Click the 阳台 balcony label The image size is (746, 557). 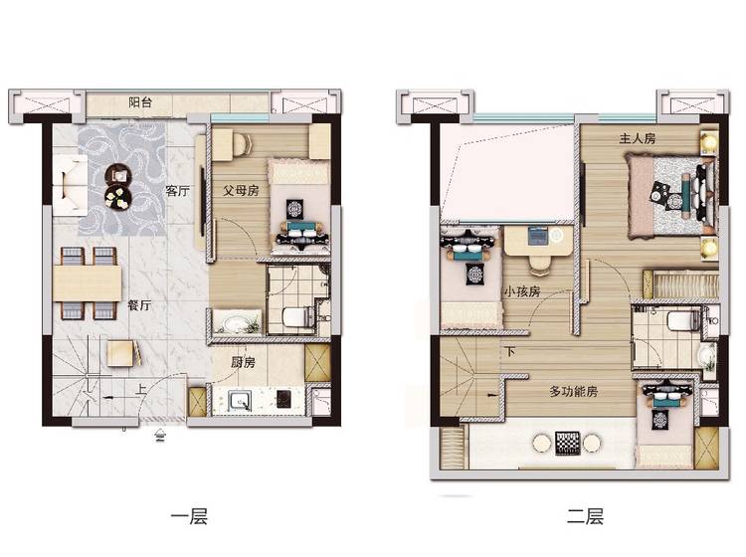click(x=140, y=102)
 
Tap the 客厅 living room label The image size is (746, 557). click(x=177, y=191)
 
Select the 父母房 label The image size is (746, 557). click(x=242, y=191)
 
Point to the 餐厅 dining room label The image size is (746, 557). click(x=139, y=305)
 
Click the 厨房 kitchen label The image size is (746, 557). click(x=243, y=362)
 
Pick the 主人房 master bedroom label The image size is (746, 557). click(x=638, y=138)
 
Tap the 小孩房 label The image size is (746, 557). click(x=522, y=291)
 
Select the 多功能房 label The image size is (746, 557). click(x=574, y=392)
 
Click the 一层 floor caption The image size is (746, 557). click(x=189, y=516)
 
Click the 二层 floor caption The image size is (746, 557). click(x=585, y=516)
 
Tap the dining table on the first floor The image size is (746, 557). click(x=88, y=283)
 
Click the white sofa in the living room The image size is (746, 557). click(x=70, y=186)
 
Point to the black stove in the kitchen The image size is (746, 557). click(x=283, y=399)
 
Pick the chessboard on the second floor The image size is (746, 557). click(x=568, y=443)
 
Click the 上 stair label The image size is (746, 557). click(x=141, y=390)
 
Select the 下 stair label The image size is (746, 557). click(x=510, y=351)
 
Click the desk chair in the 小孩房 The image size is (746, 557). click(x=539, y=265)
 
